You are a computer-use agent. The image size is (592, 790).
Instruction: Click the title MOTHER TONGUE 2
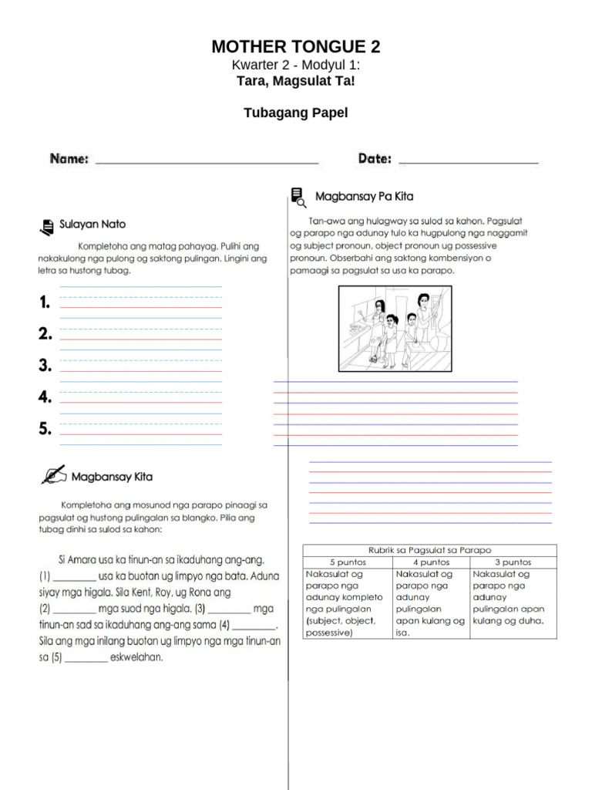(295, 47)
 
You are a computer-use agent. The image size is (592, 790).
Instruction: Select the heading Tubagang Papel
(295, 113)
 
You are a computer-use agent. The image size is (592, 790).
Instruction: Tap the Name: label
(69, 159)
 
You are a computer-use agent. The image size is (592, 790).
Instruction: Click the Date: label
(375, 159)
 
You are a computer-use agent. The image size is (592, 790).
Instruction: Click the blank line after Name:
(207, 162)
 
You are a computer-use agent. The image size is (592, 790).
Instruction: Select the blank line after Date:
(468, 162)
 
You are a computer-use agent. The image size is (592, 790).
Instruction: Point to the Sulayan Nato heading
(92, 225)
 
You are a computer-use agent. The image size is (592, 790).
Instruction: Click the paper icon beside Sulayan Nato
(46, 225)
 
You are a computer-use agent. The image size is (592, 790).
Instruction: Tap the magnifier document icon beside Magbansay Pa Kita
(298, 197)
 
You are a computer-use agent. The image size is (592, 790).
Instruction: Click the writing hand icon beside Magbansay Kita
(53, 474)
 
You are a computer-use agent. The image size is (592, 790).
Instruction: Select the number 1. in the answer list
(45, 302)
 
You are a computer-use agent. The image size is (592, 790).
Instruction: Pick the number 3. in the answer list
(45, 366)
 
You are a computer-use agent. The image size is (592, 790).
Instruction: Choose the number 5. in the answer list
(45, 429)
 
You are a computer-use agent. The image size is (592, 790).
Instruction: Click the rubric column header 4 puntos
(431, 562)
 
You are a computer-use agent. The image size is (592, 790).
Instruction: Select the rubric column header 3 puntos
(513, 562)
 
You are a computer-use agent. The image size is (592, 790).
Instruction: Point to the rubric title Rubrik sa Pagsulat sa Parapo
(429, 550)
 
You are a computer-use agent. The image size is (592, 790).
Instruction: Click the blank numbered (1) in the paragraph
(75, 577)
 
